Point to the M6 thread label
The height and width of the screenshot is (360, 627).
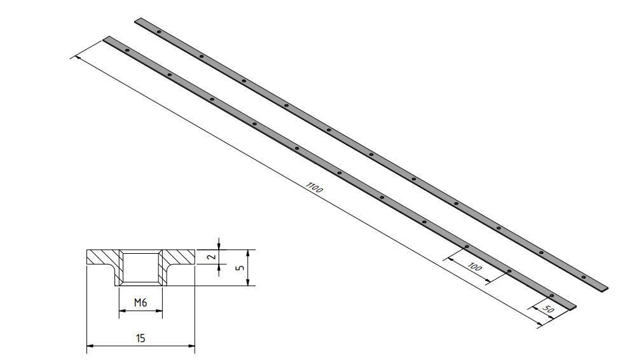(141, 303)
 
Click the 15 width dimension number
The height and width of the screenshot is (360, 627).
(141, 338)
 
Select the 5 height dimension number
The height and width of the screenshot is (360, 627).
(240, 268)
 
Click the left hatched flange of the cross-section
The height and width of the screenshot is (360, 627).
(102, 258)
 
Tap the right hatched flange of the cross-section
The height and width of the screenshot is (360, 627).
(180, 258)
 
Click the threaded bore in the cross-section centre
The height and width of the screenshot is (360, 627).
(141, 267)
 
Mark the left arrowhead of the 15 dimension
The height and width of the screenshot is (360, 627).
(89, 346)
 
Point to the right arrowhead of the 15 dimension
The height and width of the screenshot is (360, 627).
(191, 346)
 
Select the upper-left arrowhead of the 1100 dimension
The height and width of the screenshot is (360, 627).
(78, 59)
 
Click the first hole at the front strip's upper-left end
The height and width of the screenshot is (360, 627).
(127, 50)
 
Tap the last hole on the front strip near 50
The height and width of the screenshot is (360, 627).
(551, 296)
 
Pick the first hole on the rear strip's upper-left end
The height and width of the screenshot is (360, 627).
(158, 32)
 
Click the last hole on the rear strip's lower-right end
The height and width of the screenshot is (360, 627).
(583, 277)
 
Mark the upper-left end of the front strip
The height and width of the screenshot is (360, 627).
(107, 39)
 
